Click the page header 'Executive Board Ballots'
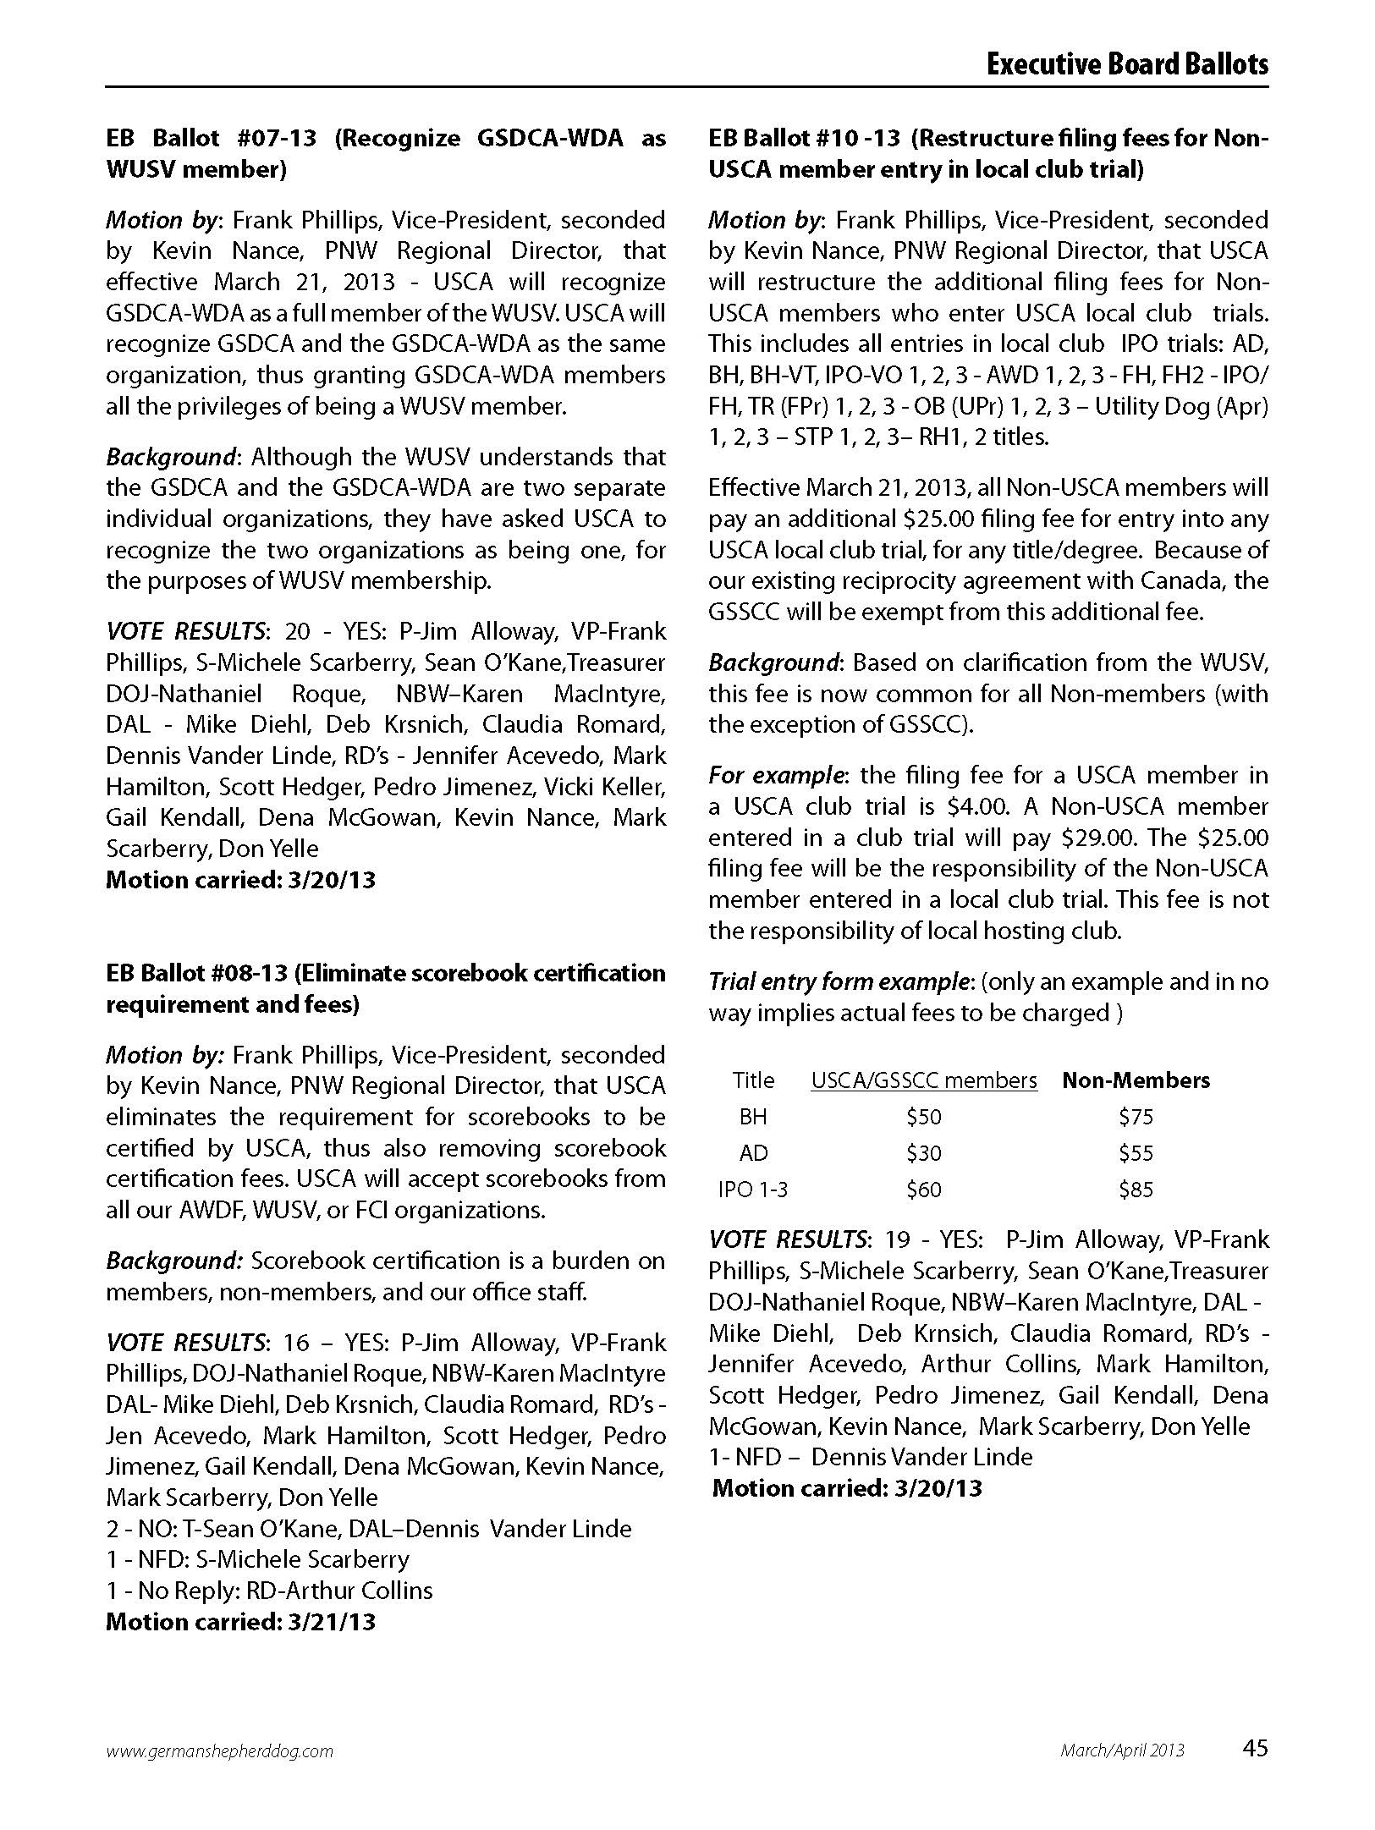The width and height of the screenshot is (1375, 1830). pyautogui.click(x=1126, y=64)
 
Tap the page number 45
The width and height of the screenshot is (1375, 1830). pyautogui.click(x=1255, y=1748)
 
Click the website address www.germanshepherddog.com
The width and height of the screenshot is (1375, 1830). pyautogui.click(x=219, y=1750)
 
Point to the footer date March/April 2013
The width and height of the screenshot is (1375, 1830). pyautogui.click(x=1122, y=1750)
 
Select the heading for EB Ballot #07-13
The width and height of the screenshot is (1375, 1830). pyautogui.click(x=385, y=153)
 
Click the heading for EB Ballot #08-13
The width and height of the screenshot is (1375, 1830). pyautogui.click(x=385, y=988)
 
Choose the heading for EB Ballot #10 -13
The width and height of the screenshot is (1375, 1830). pyautogui.click(x=987, y=153)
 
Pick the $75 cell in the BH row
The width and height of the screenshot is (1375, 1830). pyautogui.click(x=1135, y=1117)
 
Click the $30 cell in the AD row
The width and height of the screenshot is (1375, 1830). pyautogui.click(x=923, y=1153)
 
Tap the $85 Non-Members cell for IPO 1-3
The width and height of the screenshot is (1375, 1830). pyautogui.click(x=1135, y=1190)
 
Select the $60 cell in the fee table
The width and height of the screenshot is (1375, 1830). pyautogui.click(x=923, y=1190)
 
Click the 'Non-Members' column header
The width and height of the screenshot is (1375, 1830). pyautogui.click(x=1136, y=1080)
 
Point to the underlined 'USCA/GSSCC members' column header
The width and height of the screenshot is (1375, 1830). pyautogui.click(x=923, y=1080)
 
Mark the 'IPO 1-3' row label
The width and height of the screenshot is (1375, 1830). pyautogui.click(x=753, y=1190)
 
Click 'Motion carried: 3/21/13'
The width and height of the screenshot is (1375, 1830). pyautogui.click(x=240, y=1622)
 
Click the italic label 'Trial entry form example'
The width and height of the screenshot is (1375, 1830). pyautogui.click(x=839, y=981)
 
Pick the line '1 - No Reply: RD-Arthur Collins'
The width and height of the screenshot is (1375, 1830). pyautogui.click(x=269, y=1591)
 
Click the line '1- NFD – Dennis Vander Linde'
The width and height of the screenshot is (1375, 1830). pyautogui.click(x=871, y=1457)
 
